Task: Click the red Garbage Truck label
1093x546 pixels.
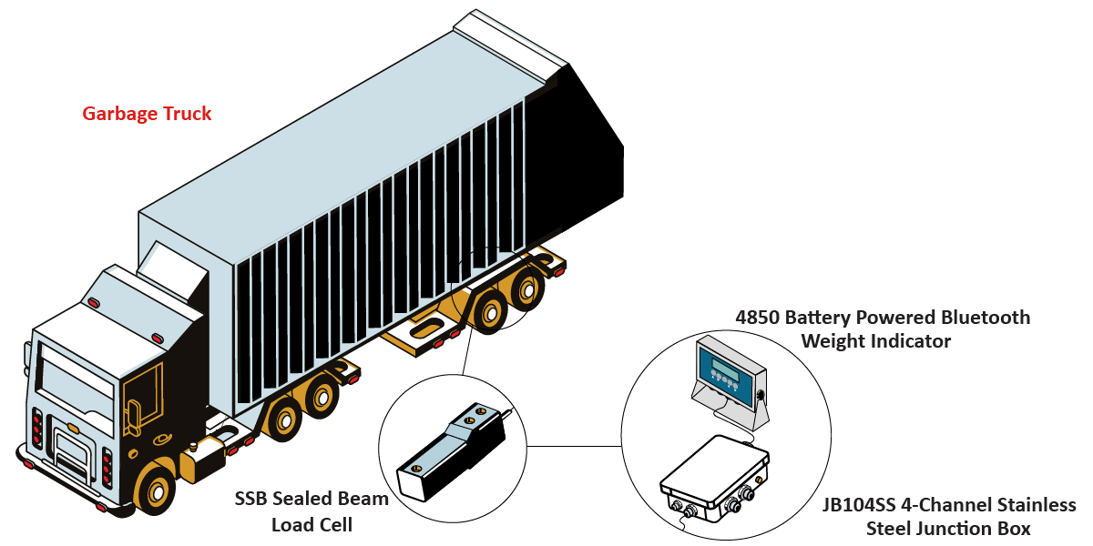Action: (147, 114)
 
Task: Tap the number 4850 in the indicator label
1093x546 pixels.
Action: (756, 318)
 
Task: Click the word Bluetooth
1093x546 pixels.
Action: (986, 318)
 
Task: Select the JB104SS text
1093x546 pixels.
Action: (859, 504)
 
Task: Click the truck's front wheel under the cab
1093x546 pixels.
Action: (155, 490)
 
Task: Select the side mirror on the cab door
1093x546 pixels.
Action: (133, 413)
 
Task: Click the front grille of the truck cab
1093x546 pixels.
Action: (72, 452)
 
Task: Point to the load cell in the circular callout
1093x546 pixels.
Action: (453, 451)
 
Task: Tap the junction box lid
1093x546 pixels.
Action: (715, 467)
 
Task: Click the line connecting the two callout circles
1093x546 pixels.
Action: (575, 446)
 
